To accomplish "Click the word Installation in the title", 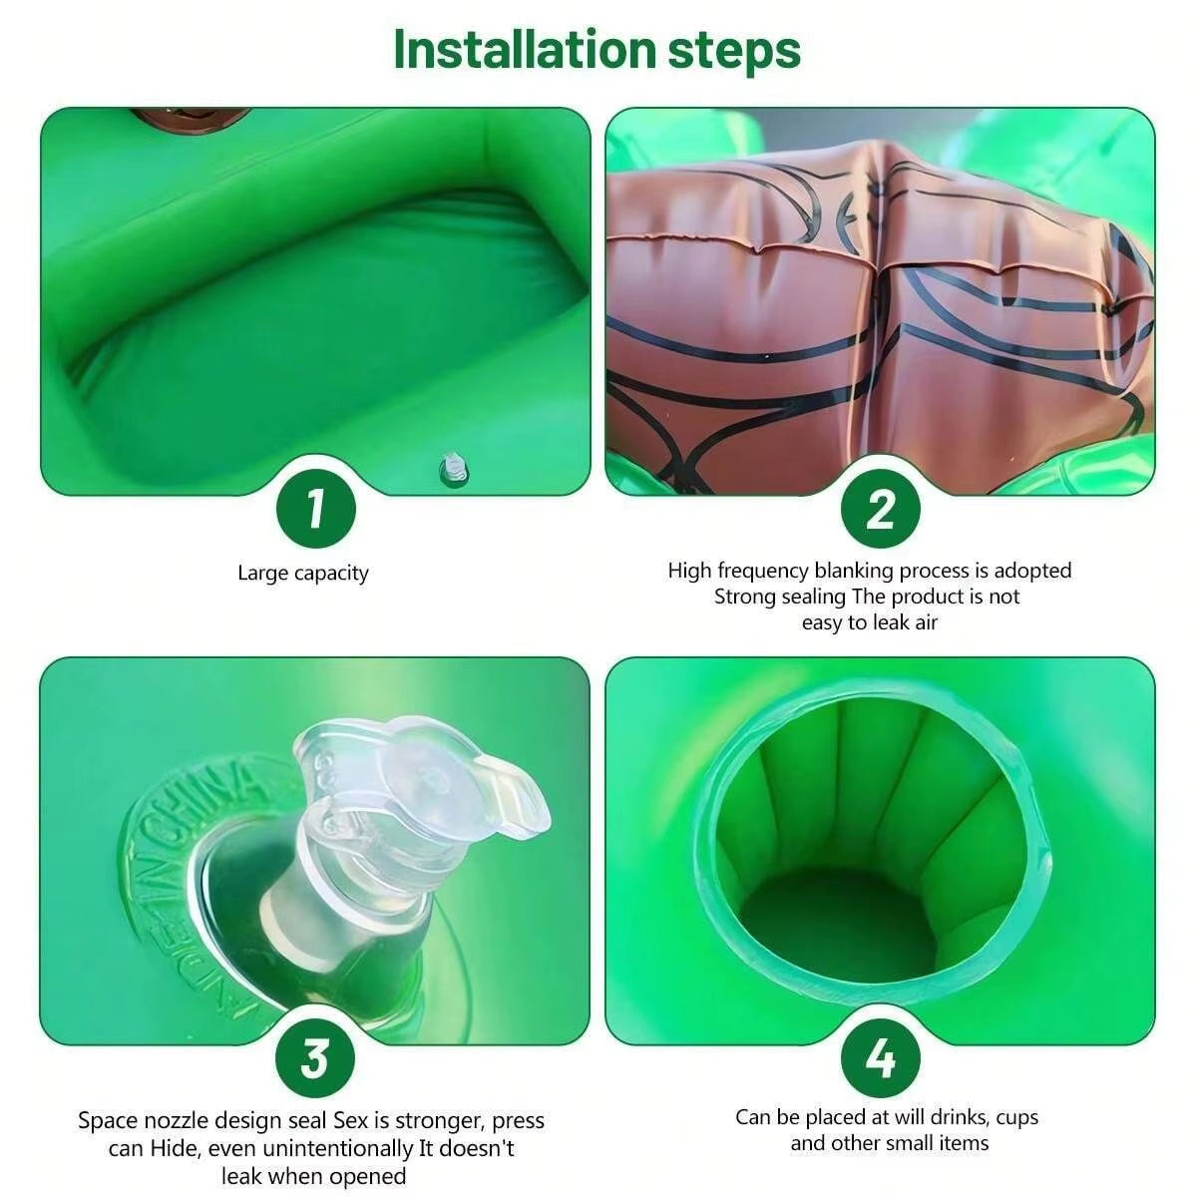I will pyautogui.click(x=524, y=49).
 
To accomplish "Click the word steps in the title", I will pyautogui.click(x=734, y=51).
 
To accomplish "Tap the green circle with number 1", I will pyautogui.click(x=316, y=508).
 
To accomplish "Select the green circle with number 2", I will pyautogui.click(x=880, y=508).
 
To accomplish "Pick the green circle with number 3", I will pyautogui.click(x=316, y=1057).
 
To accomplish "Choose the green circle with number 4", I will pyautogui.click(x=880, y=1057).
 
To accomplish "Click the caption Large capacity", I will pyautogui.click(x=302, y=573).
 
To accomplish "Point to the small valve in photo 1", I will pyautogui.click(x=453, y=468).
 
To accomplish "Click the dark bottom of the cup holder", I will pyautogui.click(x=838, y=928).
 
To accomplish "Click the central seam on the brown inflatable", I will pyautogui.click(x=878, y=299).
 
